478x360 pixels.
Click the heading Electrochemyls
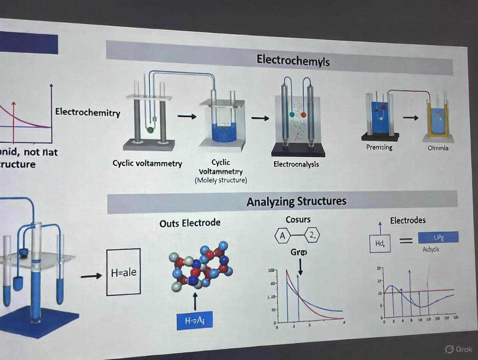[x=293, y=60]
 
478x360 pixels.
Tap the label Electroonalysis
[x=296, y=164]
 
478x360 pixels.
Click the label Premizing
[x=379, y=147]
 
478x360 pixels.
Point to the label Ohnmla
[x=438, y=148]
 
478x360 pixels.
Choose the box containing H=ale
[x=123, y=272]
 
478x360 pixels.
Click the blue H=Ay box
[x=194, y=321]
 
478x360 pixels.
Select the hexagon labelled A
[x=283, y=236]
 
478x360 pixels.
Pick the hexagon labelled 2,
[x=312, y=236]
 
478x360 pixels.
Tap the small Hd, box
[x=380, y=244]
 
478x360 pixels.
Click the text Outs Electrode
[x=190, y=223]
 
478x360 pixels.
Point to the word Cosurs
[x=298, y=219]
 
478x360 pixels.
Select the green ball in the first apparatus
[x=150, y=129]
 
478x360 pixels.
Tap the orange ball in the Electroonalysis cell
[x=303, y=115]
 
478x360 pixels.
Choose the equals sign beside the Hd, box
[x=406, y=241]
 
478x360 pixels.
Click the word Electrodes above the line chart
[x=408, y=220]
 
